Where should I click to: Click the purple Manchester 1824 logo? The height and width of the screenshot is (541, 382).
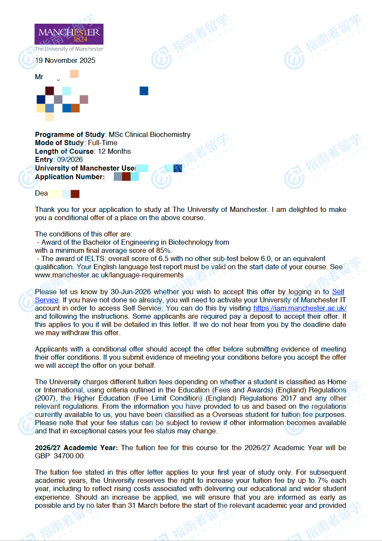[69, 34]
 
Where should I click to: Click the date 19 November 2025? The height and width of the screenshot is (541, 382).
[65, 61]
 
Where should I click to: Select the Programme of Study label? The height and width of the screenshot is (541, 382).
[70, 134]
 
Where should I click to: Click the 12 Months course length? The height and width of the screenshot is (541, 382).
[114, 152]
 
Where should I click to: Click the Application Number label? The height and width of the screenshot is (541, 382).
[70, 177]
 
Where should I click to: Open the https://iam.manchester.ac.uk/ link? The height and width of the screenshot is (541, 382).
[300, 308]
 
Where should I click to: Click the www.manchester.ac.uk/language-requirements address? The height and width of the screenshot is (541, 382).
[109, 275]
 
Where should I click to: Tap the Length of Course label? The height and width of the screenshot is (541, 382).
[64, 152]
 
